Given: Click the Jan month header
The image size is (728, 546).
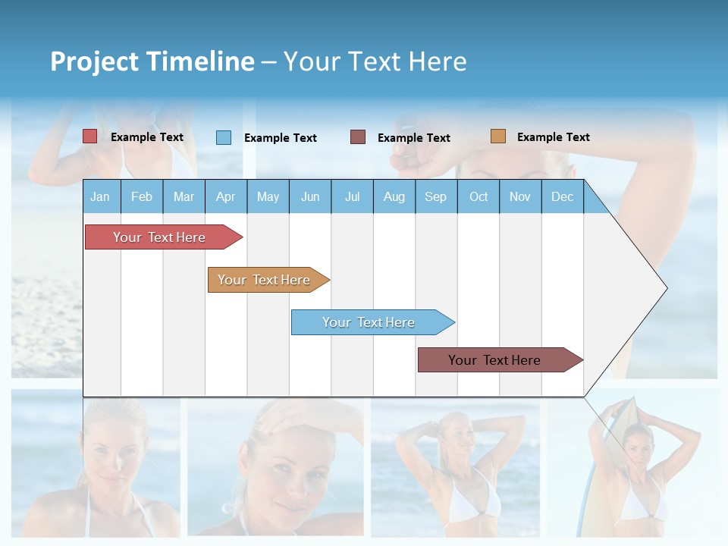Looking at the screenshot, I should point(100,197).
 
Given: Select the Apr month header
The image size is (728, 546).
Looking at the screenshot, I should point(226,197).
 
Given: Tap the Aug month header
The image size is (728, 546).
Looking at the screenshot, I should point(394,197).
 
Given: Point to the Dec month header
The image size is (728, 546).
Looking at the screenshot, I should point(562,197).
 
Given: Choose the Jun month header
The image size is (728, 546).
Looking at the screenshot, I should point(310,197).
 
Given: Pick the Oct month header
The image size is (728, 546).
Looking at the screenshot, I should point(479,197).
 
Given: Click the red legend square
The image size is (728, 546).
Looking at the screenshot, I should point(90,136).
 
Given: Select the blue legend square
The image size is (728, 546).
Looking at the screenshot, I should point(224,137).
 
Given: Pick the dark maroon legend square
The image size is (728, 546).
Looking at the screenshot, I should point(358,137).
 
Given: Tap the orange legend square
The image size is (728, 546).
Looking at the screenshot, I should point(498,136).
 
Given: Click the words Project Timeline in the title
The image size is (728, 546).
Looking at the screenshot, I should point(152,61).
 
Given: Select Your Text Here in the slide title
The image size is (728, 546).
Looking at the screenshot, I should point(375,61).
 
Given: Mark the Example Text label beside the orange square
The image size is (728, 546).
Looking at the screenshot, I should point(553,137).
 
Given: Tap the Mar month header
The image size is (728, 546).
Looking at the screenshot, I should point(184,197).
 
